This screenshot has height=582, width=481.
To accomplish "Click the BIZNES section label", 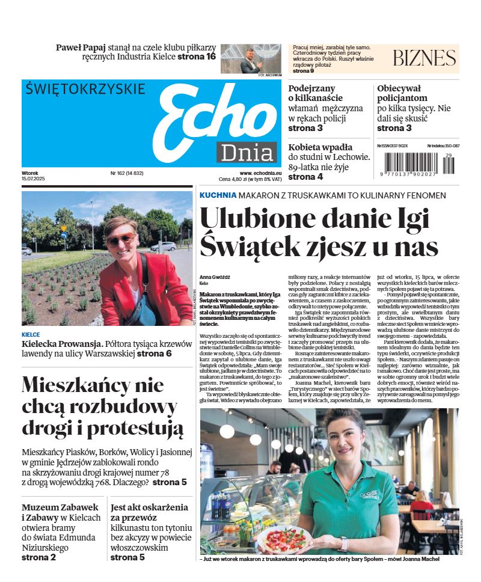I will (x=424, y=58).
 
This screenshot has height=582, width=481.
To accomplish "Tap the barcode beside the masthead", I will (x=420, y=164).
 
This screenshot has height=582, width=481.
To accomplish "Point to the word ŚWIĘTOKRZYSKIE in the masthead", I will (x=85, y=89).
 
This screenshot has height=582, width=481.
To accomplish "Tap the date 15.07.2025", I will (x=34, y=179).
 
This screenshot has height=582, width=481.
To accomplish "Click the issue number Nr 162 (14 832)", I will (x=127, y=173).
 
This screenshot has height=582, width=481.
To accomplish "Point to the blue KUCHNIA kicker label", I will (x=217, y=195).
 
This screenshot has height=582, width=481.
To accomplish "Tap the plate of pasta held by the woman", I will (x=287, y=536).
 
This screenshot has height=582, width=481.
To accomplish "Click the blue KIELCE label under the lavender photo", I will (x=31, y=334).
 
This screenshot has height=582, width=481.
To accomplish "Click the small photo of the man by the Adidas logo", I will (x=251, y=58).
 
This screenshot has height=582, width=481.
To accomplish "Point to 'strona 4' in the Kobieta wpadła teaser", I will (x=305, y=177).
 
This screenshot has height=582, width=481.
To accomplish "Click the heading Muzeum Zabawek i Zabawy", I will (x=52, y=513).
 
